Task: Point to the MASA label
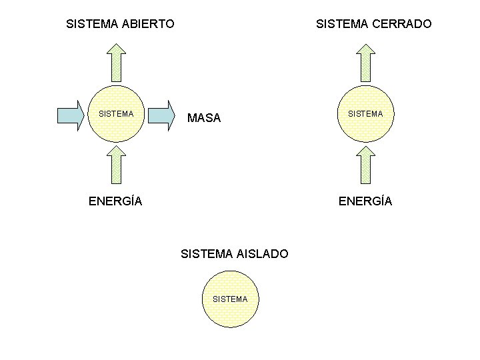tap(204, 119)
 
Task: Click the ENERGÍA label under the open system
tap(115, 201)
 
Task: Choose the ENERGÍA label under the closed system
tap(365, 201)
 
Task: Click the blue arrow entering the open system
tap(73, 115)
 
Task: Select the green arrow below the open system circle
tap(116, 164)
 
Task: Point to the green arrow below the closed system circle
tap(365, 164)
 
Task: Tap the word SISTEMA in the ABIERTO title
tap(93, 24)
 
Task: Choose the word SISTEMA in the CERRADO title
tap(343, 24)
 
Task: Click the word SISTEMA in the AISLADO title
tap(207, 254)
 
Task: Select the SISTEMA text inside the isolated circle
tap(230, 299)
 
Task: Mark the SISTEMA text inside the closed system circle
tap(365, 114)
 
